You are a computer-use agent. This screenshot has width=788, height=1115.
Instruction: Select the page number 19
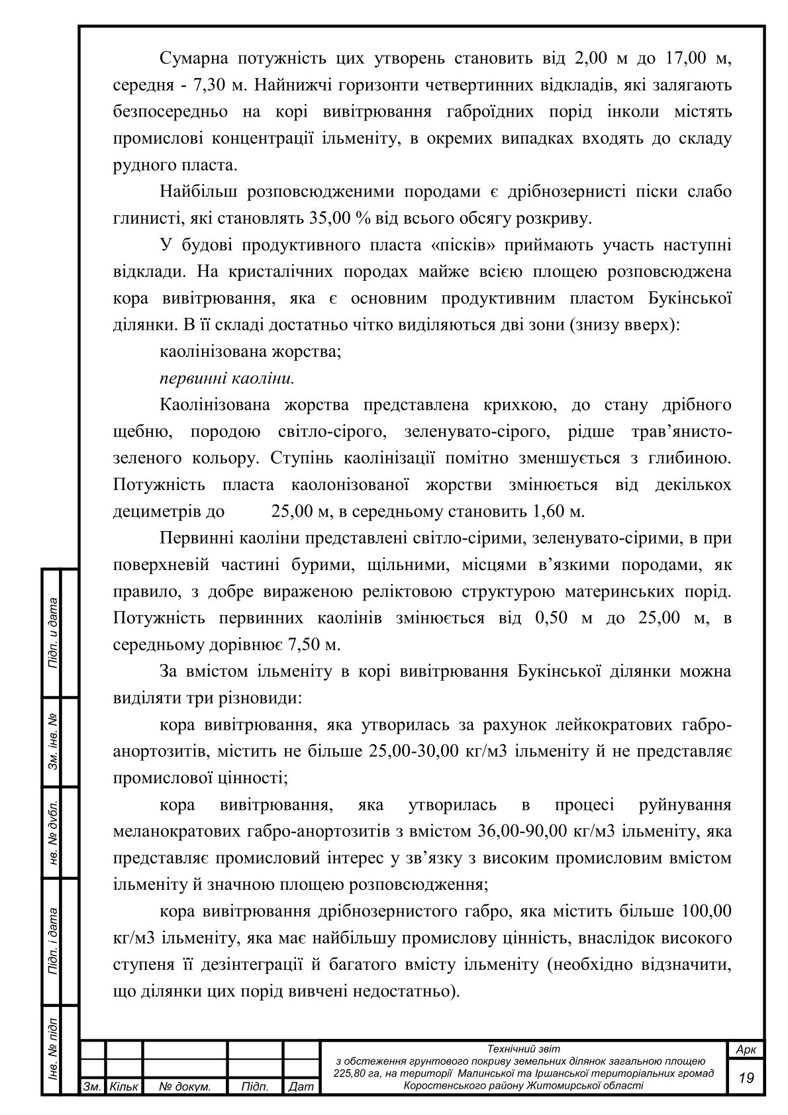(x=746, y=1078)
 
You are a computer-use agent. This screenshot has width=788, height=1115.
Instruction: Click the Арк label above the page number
(x=746, y=1050)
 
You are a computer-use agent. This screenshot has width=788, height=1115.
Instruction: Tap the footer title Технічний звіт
(x=523, y=1049)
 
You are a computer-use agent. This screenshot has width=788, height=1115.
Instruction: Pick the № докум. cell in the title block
(x=185, y=1087)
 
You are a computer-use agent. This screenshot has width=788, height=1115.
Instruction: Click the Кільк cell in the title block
(x=124, y=1087)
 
